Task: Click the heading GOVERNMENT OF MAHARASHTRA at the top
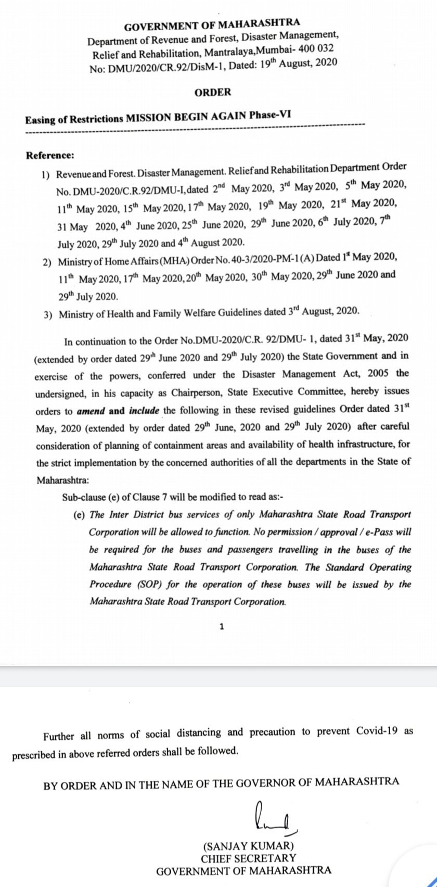212,24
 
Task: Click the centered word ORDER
213,92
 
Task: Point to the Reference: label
50,155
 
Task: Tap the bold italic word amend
91,411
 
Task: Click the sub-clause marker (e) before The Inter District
79,515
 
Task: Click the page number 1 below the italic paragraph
222,627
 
